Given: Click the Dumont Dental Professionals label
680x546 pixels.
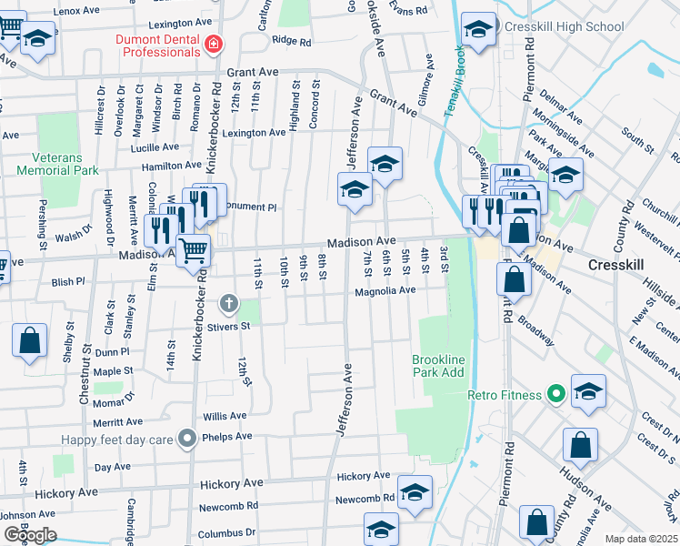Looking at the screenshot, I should click(x=159, y=41).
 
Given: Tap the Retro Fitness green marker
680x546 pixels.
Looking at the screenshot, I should click(x=556, y=395).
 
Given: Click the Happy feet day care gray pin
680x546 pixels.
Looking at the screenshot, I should click(x=187, y=440).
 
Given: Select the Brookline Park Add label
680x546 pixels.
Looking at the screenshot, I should click(x=438, y=367).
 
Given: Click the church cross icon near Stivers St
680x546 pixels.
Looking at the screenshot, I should click(x=228, y=303).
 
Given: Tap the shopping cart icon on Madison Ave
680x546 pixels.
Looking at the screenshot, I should click(x=193, y=249).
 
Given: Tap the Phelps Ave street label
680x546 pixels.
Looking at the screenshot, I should click(x=230, y=437).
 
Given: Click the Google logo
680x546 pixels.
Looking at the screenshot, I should click(x=30, y=535).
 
